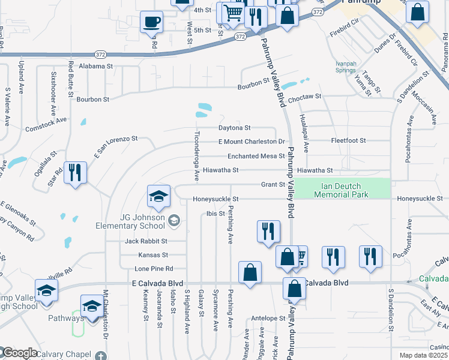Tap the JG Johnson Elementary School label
pos(130,221)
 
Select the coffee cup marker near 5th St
pos(151,22)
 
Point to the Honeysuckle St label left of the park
pos(215,199)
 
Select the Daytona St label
pos(234,128)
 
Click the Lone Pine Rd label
pos(154,268)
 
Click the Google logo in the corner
pos(19,353)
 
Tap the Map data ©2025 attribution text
pos(423,356)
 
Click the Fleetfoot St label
pos(348,140)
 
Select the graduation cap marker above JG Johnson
pos(158,195)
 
